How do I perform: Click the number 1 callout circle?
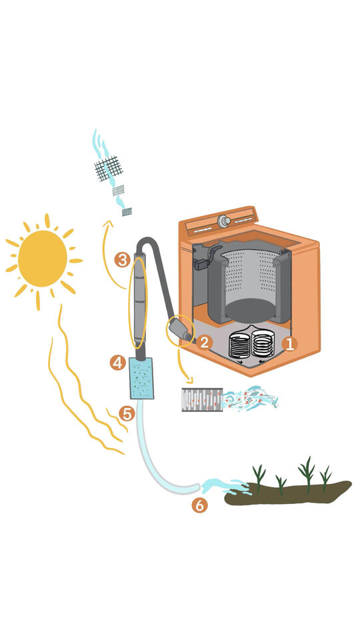coord(289,344)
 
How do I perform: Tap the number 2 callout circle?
coord(204,343)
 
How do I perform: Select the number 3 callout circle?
coord(122,259)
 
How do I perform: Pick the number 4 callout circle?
coord(118,363)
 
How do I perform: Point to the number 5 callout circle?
coord(127,414)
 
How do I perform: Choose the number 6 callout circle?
coord(199,505)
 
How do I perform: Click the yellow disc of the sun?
coord(43,259)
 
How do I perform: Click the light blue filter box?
coord(141,379)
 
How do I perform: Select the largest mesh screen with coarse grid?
coord(109,168)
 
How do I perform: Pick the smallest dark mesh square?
coord(127,211)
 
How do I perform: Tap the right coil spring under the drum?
coord(263,343)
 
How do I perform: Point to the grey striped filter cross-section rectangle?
coord(202,399)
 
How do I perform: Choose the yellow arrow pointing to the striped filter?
coord(183,366)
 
